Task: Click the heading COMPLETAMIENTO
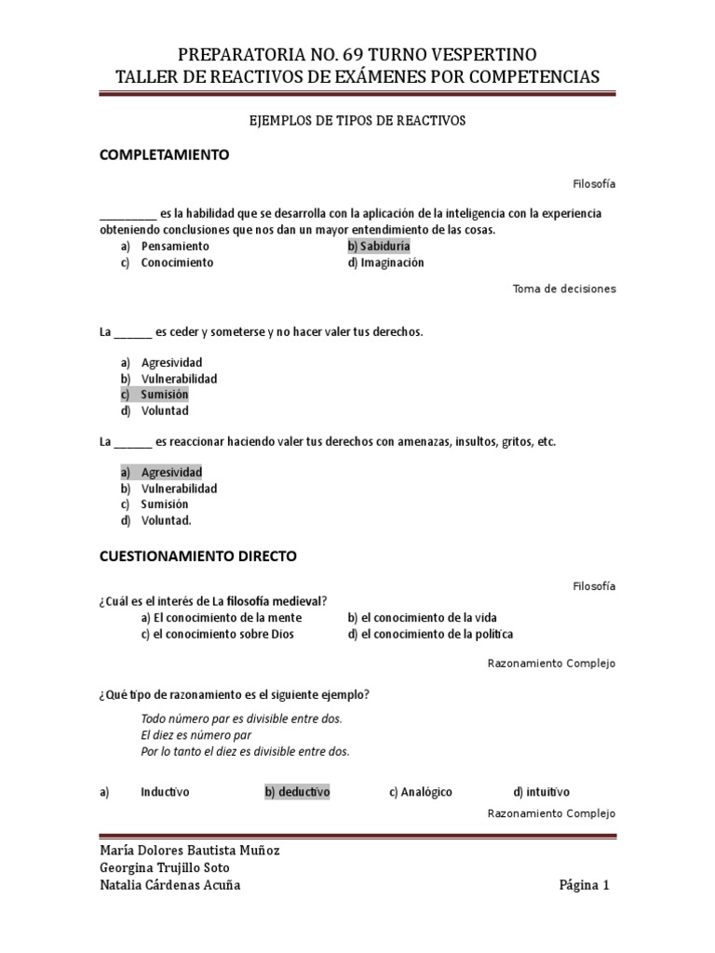click(164, 154)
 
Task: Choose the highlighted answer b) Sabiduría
click(378, 247)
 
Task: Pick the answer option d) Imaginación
click(385, 262)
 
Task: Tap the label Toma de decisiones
click(564, 289)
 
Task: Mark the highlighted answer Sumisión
click(164, 395)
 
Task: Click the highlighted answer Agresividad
click(171, 472)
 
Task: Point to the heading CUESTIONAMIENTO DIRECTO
click(198, 556)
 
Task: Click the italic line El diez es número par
click(196, 734)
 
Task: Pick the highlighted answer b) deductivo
click(297, 792)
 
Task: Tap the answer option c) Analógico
click(421, 792)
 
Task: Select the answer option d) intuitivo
click(542, 792)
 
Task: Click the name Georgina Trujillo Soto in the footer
click(164, 867)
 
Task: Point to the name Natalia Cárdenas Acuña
click(169, 885)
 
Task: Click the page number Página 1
click(584, 885)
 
